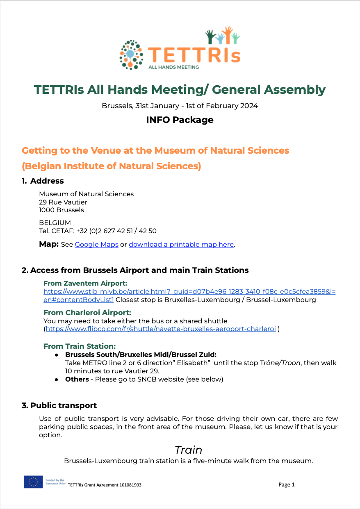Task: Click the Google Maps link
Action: (x=96, y=245)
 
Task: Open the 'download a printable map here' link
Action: (x=181, y=245)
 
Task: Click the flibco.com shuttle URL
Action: (x=161, y=329)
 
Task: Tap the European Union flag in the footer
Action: (x=33, y=482)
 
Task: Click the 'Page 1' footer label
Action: (x=287, y=484)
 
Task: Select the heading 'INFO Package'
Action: (x=180, y=120)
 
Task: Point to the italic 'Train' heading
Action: (x=188, y=450)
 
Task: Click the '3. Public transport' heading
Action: (x=59, y=405)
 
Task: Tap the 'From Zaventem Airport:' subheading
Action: (x=85, y=283)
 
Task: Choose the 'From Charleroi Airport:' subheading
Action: (x=87, y=313)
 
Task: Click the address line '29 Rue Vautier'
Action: (x=63, y=202)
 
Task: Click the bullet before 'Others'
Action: (x=56, y=379)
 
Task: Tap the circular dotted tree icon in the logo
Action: (x=132, y=54)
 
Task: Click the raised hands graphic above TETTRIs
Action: (x=222, y=36)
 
